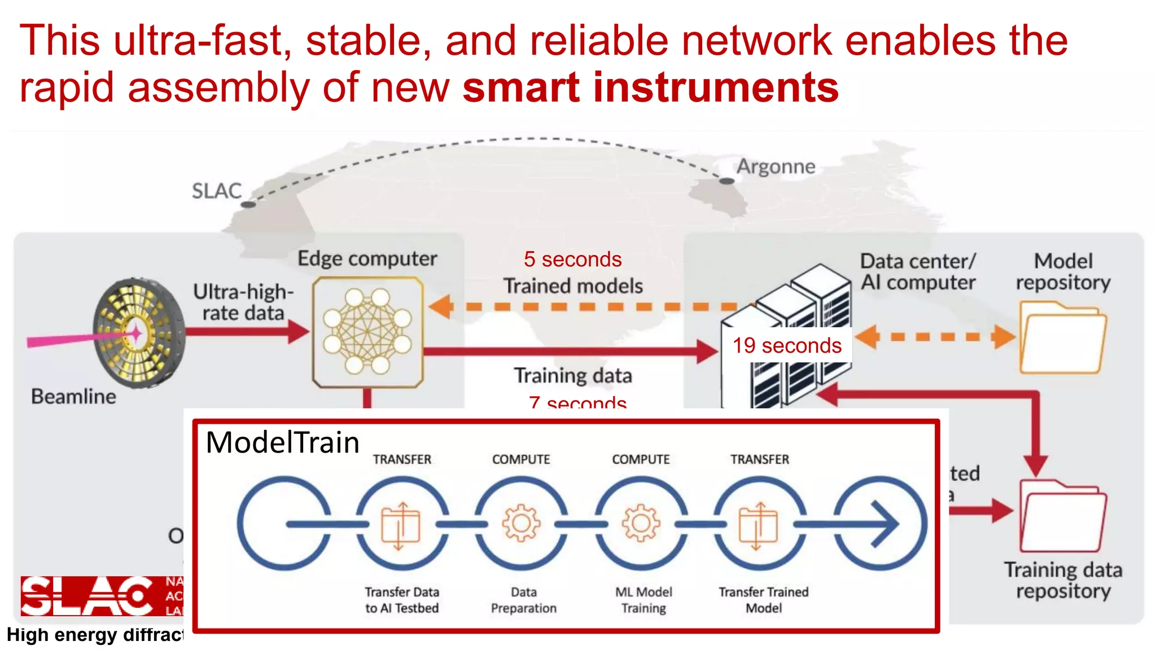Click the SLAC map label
(216, 191)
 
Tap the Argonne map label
(776, 166)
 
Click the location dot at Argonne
(727, 181)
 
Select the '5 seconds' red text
(572, 260)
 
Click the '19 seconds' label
(787, 345)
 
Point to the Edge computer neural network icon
(367, 332)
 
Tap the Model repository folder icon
(1062, 339)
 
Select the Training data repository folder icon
(1062, 516)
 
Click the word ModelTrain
(282, 442)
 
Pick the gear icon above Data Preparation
(521, 523)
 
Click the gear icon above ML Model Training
(641, 523)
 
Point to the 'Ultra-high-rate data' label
(243, 302)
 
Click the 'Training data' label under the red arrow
(572, 376)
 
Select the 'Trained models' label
(572, 286)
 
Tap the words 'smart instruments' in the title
(650, 87)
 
